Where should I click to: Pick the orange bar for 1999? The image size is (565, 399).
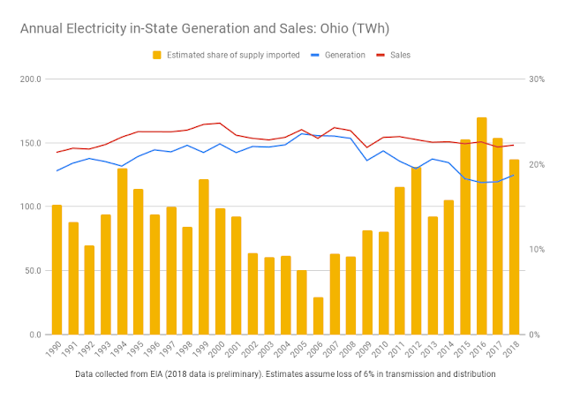pos(204,257)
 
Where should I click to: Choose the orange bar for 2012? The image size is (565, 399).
pos(416,251)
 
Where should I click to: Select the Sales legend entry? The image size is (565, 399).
pos(397,55)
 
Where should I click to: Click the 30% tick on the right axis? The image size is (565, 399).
pos(535,79)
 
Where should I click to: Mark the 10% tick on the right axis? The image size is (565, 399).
pos(535,250)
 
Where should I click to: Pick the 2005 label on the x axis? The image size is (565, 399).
pos(301,351)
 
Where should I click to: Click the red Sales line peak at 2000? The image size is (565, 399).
pos(220,123)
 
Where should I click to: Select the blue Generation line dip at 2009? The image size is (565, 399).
pos(367,161)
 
